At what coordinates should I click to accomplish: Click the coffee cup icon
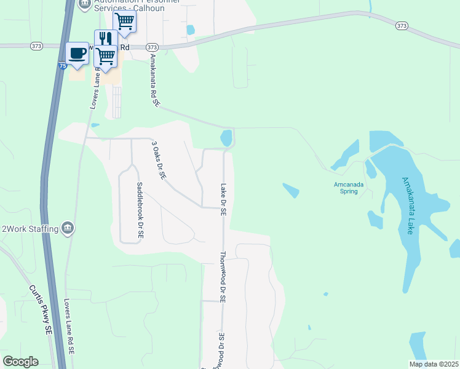click(77, 53)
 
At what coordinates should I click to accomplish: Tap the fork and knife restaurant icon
click(105, 39)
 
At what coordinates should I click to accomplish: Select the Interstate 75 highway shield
click(63, 66)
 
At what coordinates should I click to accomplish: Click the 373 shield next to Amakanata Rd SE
click(153, 47)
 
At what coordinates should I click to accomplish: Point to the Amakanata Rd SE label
click(154, 81)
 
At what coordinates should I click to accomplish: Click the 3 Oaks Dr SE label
click(159, 159)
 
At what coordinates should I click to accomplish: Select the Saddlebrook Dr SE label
click(140, 210)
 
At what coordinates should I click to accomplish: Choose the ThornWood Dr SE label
click(223, 277)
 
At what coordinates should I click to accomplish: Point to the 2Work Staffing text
click(30, 229)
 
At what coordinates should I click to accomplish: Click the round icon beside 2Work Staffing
click(68, 229)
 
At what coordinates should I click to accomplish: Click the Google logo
click(21, 362)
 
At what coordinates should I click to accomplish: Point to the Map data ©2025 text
click(434, 364)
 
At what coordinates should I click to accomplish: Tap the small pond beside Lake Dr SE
click(227, 138)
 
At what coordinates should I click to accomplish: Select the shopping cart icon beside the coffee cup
click(105, 55)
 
